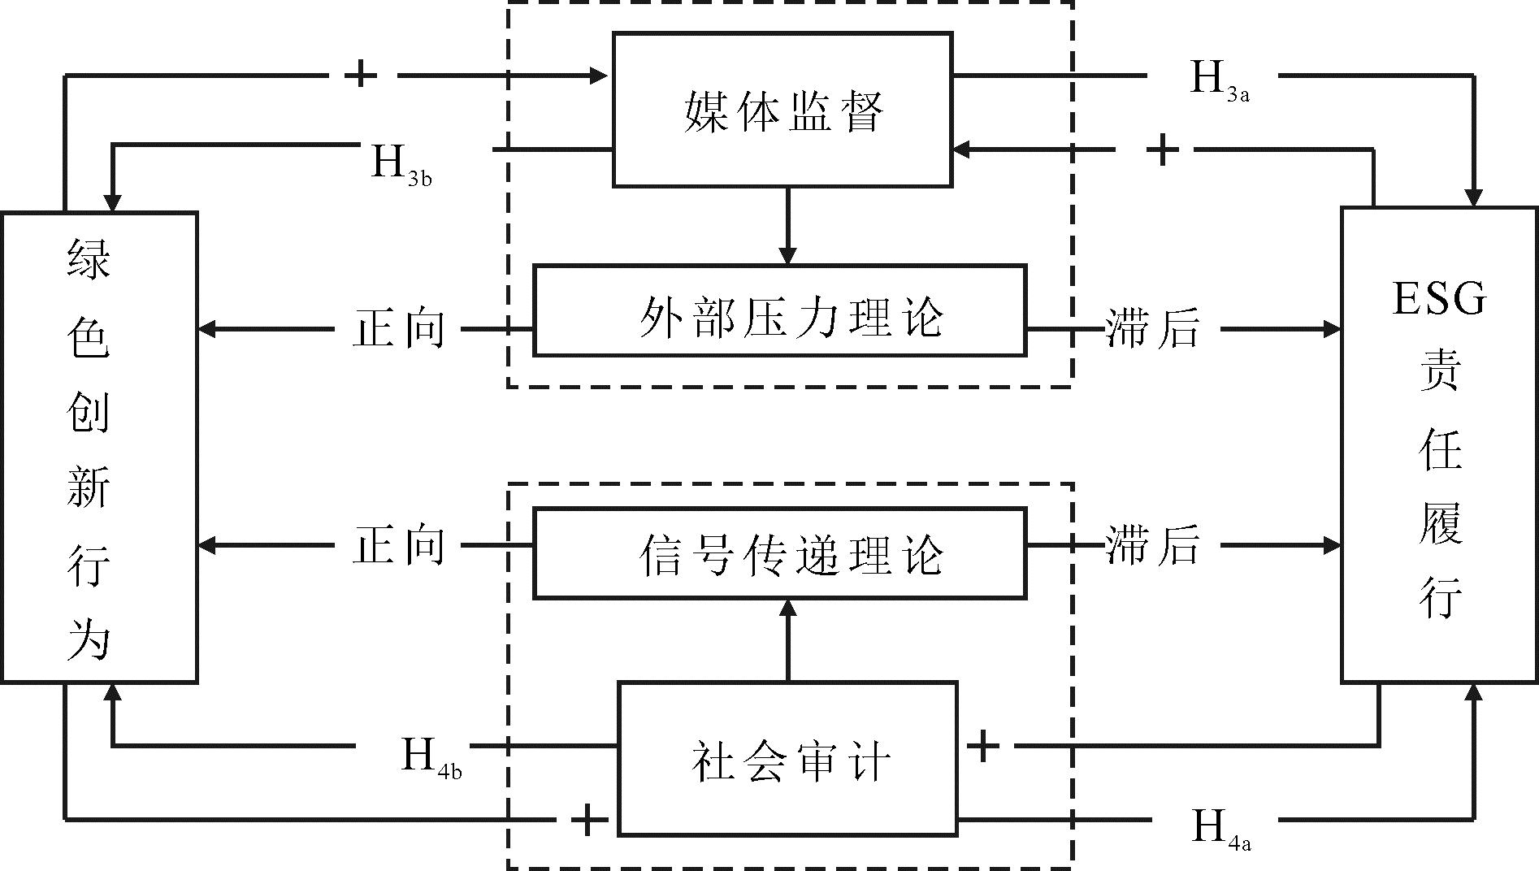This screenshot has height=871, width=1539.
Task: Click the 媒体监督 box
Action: pyautogui.click(x=782, y=110)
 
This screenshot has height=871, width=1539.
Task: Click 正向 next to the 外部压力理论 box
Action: pyautogui.click(x=399, y=329)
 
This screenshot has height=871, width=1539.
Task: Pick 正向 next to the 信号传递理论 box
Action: pyautogui.click(x=399, y=545)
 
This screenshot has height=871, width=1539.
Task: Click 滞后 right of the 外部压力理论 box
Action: pyautogui.click(x=1152, y=329)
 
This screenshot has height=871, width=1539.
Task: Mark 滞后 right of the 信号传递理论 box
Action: pyautogui.click(x=1152, y=545)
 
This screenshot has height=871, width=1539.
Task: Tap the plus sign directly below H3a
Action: pyautogui.click(x=1163, y=150)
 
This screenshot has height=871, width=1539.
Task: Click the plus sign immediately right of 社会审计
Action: pyautogui.click(x=982, y=745)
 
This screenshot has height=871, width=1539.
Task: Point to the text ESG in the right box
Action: pyautogui.click(x=1439, y=298)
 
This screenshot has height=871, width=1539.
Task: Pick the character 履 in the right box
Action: pyautogui.click(x=1441, y=522)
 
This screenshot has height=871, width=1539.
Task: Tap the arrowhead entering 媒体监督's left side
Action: pyautogui.click(x=600, y=76)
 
